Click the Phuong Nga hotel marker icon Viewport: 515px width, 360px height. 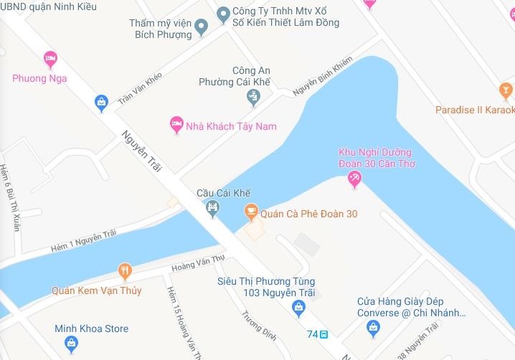click(49, 58)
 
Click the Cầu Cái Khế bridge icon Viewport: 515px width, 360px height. click(212, 209)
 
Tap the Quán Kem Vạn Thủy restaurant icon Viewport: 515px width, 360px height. click(126, 271)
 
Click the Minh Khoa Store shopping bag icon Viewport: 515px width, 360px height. click(72, 344)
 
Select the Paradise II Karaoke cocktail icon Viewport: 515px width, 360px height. click(506, 91)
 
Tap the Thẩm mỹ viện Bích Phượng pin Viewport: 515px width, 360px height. click(202, 28)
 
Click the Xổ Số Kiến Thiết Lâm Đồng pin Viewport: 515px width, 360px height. click(223, 14)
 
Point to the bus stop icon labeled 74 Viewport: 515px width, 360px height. click(323, 334)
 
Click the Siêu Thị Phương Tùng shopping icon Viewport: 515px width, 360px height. click(299, 308)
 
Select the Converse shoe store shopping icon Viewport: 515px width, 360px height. click(373, 328)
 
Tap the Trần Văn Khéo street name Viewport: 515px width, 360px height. click(140, 88)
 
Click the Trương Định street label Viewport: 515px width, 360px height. click(254, 326)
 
